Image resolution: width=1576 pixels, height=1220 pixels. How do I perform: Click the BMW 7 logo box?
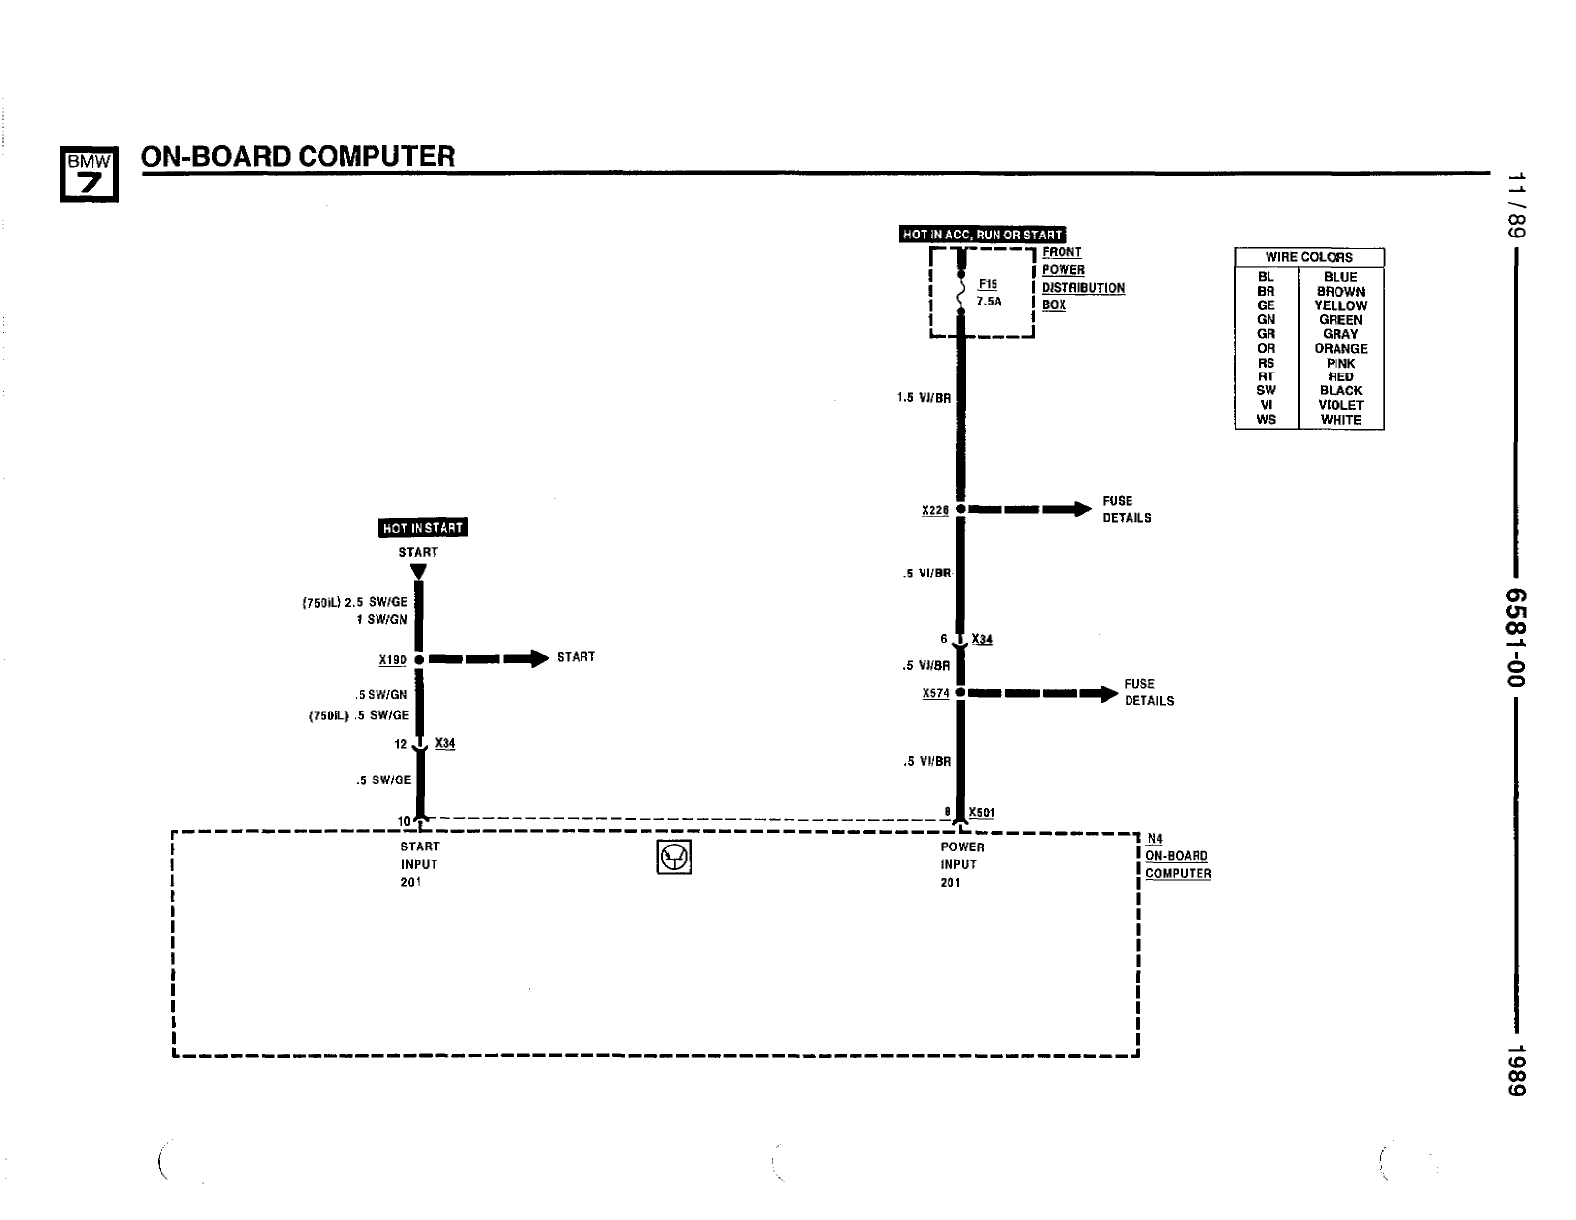[x=90, y=173]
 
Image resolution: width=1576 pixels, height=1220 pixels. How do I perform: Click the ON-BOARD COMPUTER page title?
[x=298, y=156]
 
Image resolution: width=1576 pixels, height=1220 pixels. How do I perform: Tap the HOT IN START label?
[x=423, y=528]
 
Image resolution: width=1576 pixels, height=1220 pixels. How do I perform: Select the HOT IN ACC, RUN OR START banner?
[x=983, y=235]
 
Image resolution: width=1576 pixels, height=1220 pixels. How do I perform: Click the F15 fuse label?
[x=988, y=284]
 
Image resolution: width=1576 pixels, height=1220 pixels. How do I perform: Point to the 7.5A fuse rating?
[x=989, y=302]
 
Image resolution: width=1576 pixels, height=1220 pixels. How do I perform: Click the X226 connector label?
[x=934, y=510]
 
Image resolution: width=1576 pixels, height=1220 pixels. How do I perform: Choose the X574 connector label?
[x=935, y=693]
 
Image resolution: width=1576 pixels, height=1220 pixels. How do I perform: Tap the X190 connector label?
[x=392, y=660]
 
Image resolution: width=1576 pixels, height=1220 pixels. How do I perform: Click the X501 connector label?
[x=982, y=813]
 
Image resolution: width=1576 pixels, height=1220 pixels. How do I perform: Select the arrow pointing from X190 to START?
[x=488, y=659]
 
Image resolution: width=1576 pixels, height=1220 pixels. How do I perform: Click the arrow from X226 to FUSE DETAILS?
[x=1031, y=509]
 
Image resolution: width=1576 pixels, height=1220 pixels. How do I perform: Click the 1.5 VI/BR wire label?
[x=924, y=399]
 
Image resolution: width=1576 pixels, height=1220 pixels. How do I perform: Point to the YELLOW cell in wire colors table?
[x=1340, y=305]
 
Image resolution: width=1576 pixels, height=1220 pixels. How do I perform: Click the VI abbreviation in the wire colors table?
[x=1266, y=405]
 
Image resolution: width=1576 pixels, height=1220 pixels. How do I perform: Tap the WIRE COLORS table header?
[x=1309, y=257]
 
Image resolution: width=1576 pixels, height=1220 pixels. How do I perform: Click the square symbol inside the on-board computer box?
[x=674, y=857]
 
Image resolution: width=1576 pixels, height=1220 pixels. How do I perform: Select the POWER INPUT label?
[x=961, y=855]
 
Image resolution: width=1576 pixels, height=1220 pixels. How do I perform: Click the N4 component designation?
[x=1155, y=839]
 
